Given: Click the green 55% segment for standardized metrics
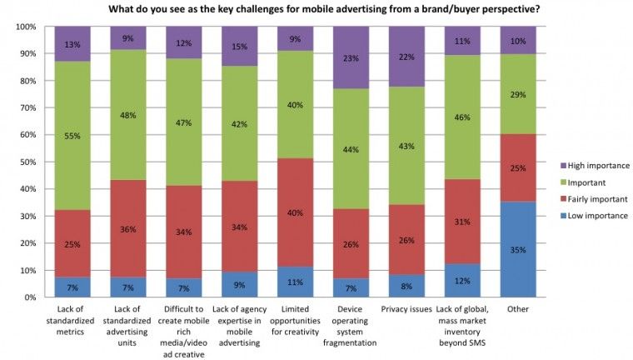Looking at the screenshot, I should tap(73, 136).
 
